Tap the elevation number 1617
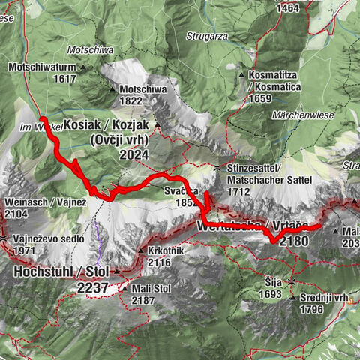pyautogui.click(x=64, y=78)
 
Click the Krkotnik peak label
pyautogui.click(x=166, y=251)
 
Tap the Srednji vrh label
pyautogui.click(x=325, y=297)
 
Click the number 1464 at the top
pyautogui.click(x=287, y=8)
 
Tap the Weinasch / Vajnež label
pyautogui.click(x=37, y=202)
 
